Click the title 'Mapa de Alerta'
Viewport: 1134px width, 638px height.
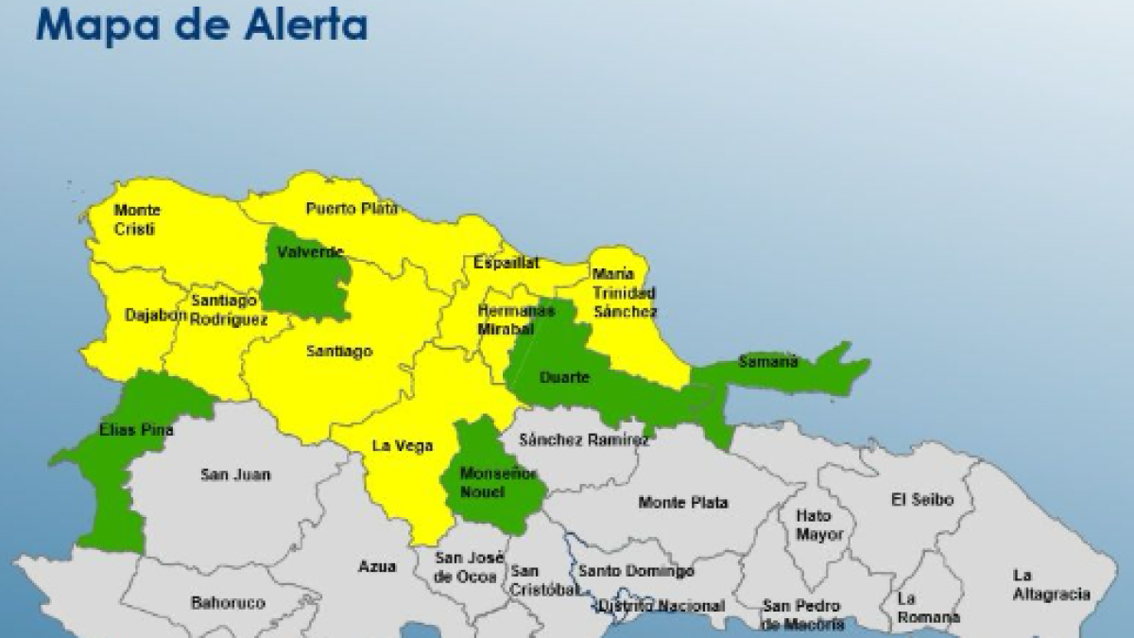click(201, 25)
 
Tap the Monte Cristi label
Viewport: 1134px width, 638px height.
click(137, 219)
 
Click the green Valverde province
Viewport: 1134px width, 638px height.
click(306, 279)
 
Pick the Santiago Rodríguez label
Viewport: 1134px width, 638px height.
click(228, 310)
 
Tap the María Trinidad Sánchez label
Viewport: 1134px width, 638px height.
click(625, 292)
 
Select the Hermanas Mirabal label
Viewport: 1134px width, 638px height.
click(507, 319)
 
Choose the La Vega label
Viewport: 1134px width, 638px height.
click(395, 446)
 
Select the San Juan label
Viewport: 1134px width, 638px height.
click(234, 474)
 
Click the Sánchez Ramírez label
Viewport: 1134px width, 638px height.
click(584, 440)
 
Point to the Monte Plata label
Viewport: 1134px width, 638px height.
click(682, 503)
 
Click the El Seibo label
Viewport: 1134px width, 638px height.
click(922, 499)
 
